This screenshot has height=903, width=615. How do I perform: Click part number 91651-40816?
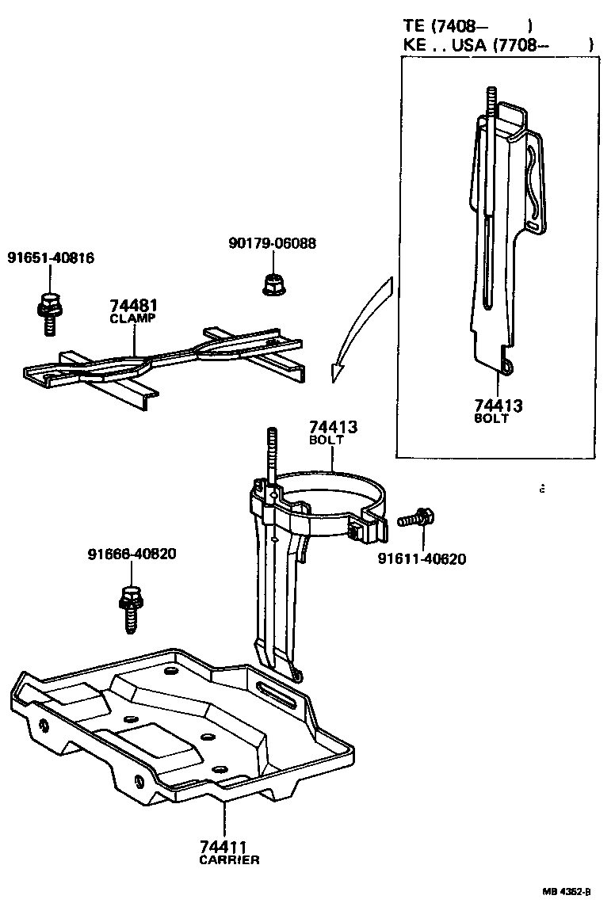pyautogui.click(x=51, y=257)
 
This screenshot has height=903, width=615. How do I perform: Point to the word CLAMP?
pyautogui.click(x=132, y=318)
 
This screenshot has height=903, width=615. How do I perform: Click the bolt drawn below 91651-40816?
pyautogui.click(x=48, y=311)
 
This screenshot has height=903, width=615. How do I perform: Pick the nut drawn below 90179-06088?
pyautogui.click(x=273, y=282)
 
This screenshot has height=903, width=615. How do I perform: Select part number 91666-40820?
pyautogui.click(x=132, y=554)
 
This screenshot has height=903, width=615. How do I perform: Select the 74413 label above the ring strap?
pyautogui.click(x=333, y=427)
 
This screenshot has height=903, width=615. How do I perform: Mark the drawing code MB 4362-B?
pyautogui.click(x=567, y=891)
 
